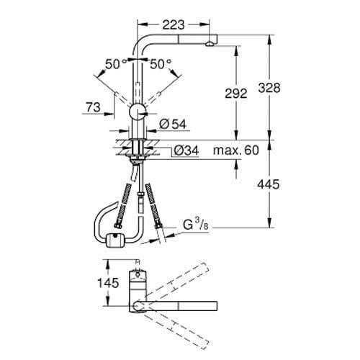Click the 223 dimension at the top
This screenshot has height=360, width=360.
(x=171, y=24)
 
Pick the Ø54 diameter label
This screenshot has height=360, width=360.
(x=169, y=125)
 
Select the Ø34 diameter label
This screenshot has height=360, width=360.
(x=184, y=150)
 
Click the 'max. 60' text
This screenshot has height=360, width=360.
(x=235, y=150)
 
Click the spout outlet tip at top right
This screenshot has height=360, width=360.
(x=209, y=44)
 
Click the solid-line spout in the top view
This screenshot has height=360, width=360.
(x=187, y=304)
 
